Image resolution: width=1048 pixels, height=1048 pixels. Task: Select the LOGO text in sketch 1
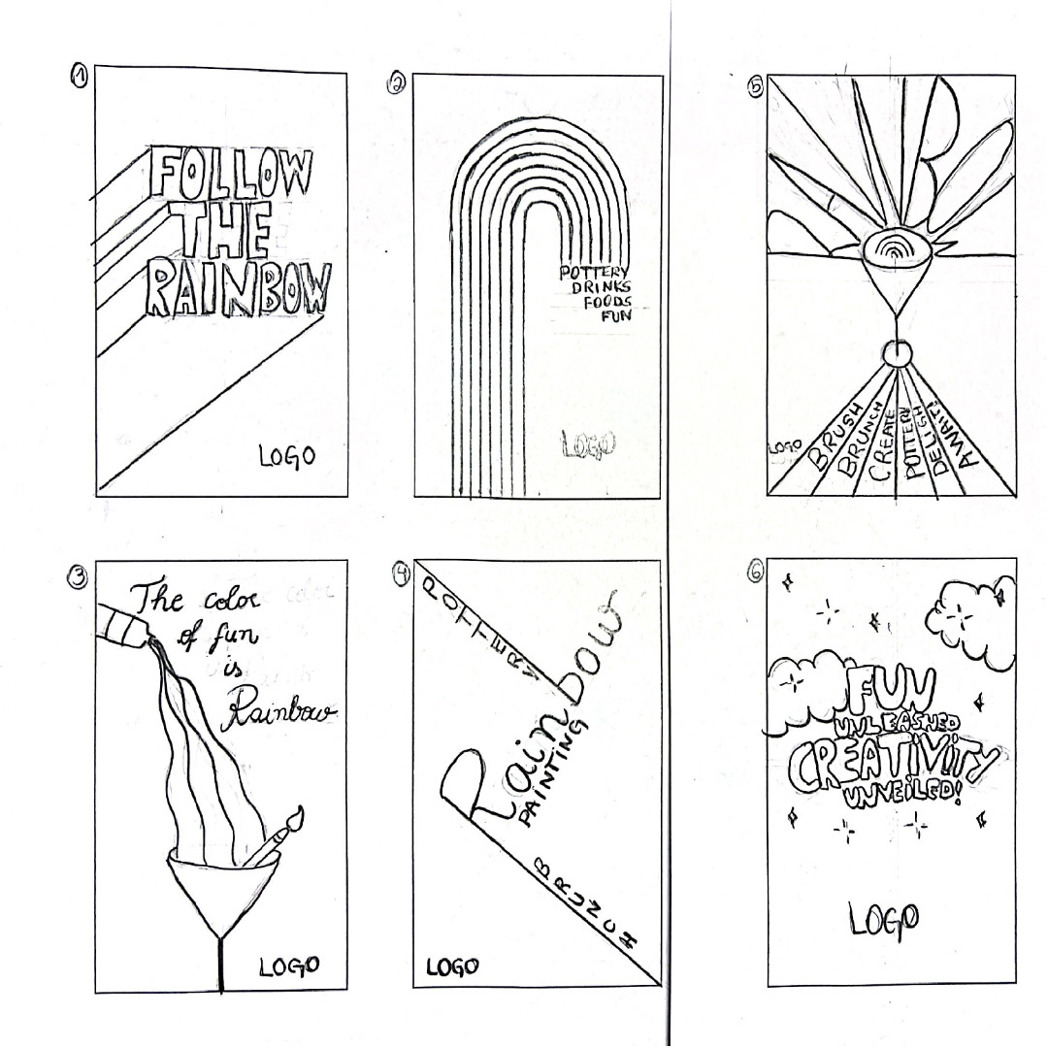(286, 455)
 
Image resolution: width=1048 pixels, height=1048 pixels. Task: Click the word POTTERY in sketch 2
(595, 273)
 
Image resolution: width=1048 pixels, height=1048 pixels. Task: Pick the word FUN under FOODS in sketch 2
(614, 315)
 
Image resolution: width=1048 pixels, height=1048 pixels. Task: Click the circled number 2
(397, 84)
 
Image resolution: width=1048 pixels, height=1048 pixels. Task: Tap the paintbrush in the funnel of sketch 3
(278, 835)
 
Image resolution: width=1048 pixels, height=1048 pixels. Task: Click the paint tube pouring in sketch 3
(123, 620)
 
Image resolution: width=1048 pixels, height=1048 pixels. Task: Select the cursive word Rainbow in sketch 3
(281, 713)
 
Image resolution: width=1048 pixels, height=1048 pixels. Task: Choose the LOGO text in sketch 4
(452, 966)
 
